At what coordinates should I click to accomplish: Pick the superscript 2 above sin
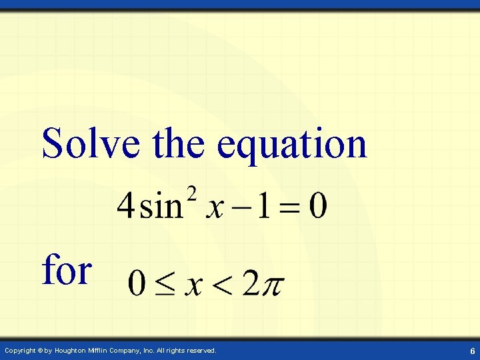point(193,194)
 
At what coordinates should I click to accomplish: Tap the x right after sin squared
point(214,207)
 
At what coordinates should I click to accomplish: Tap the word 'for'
point(67,270)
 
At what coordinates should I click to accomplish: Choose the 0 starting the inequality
point(137,283)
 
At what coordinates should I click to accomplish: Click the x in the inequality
point(193,285)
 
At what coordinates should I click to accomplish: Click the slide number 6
point(472,351)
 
